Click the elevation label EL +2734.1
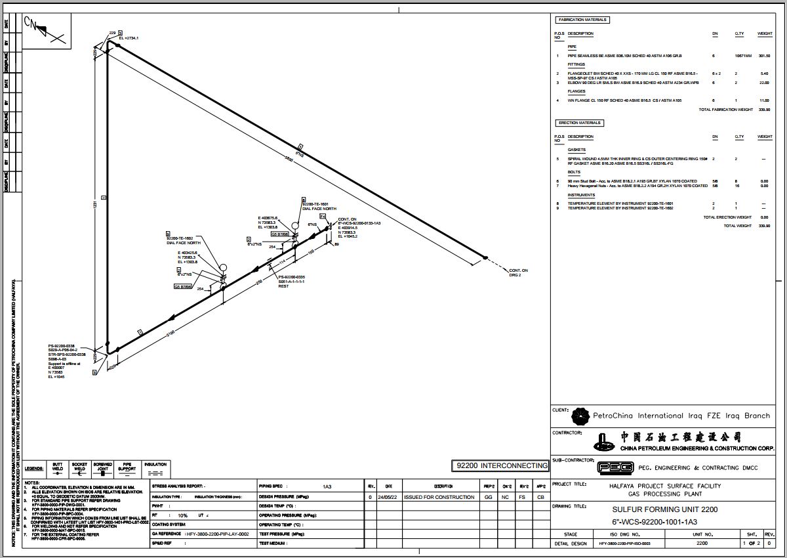pos(130,39)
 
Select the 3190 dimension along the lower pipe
pos(171,333)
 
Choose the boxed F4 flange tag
pos(323,216)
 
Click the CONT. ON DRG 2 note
pos(518,272)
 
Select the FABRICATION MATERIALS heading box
pos(582,20)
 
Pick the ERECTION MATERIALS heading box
pos(579,123)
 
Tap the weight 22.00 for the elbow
pos(763,83)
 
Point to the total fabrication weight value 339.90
pos(763,110)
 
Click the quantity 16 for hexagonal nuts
pos(737,186)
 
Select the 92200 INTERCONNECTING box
pos(500,465)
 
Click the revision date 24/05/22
pos(388,497)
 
